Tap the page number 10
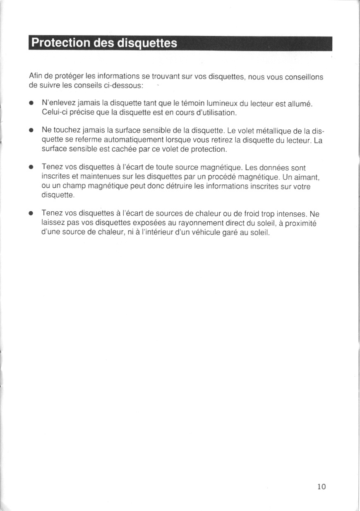[x=322, y=487]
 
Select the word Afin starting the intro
[x=35, y=77]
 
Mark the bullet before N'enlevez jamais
[x=31, y=103]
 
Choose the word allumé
[x=299, y=103]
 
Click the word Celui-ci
[x=54, y=112]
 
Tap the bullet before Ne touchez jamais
[x=31, y=130]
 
